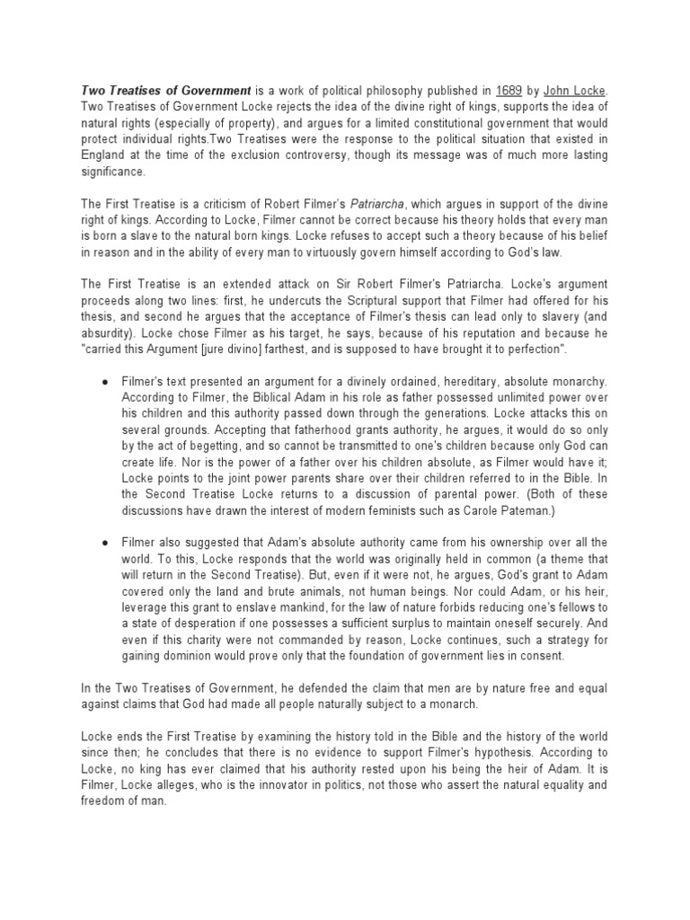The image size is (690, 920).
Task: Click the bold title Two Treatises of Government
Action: click(x=167, y=91)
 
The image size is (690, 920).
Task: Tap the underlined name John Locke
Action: click(x=574, y=91)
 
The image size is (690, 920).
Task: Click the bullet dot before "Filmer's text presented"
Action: click(x=106, y=381)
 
